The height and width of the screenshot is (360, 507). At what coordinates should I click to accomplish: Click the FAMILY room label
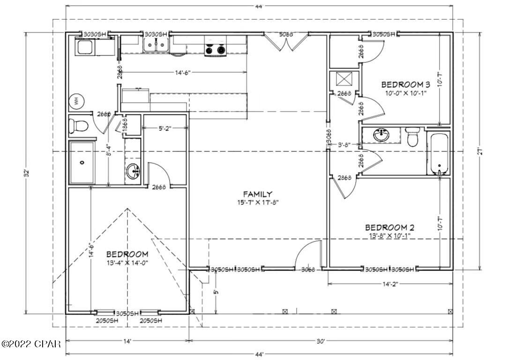coord(258,194)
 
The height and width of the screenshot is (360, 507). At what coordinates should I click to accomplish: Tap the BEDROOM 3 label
coord(405,85)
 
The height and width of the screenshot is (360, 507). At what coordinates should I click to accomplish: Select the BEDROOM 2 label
coord(389,227)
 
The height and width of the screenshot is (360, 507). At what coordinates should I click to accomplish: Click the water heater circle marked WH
coord(75,101)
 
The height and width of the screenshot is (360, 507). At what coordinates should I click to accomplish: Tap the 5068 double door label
coord(287,35)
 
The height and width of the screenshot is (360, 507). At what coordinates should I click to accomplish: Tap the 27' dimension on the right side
coord(479,151)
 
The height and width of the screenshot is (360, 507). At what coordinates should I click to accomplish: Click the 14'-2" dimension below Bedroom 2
coord(390,284)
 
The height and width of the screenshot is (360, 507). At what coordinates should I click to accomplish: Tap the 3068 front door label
coord(308,270)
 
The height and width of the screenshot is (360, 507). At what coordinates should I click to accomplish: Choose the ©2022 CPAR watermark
coord(31,345)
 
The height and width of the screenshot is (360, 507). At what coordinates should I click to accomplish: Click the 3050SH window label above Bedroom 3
coord(384,34)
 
